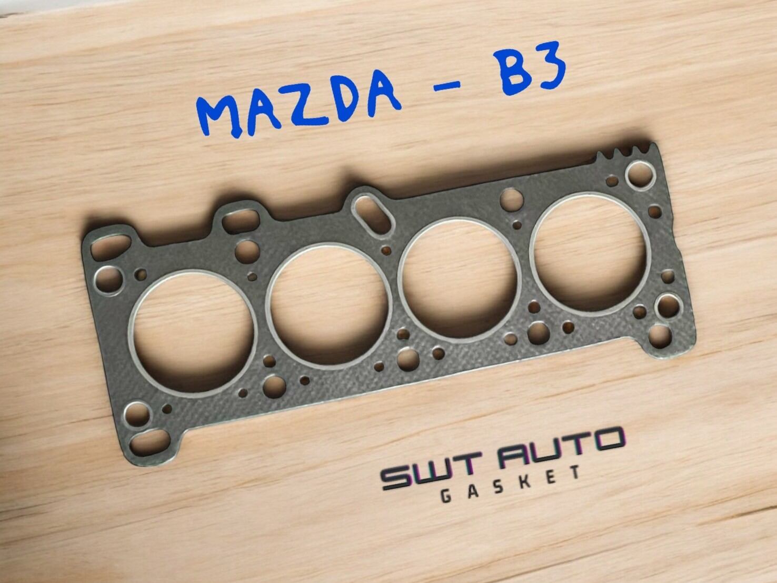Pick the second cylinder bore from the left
pyautogui.click(x=327, y=305)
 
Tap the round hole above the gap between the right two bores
pyautogui.click(x=510, y=200)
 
